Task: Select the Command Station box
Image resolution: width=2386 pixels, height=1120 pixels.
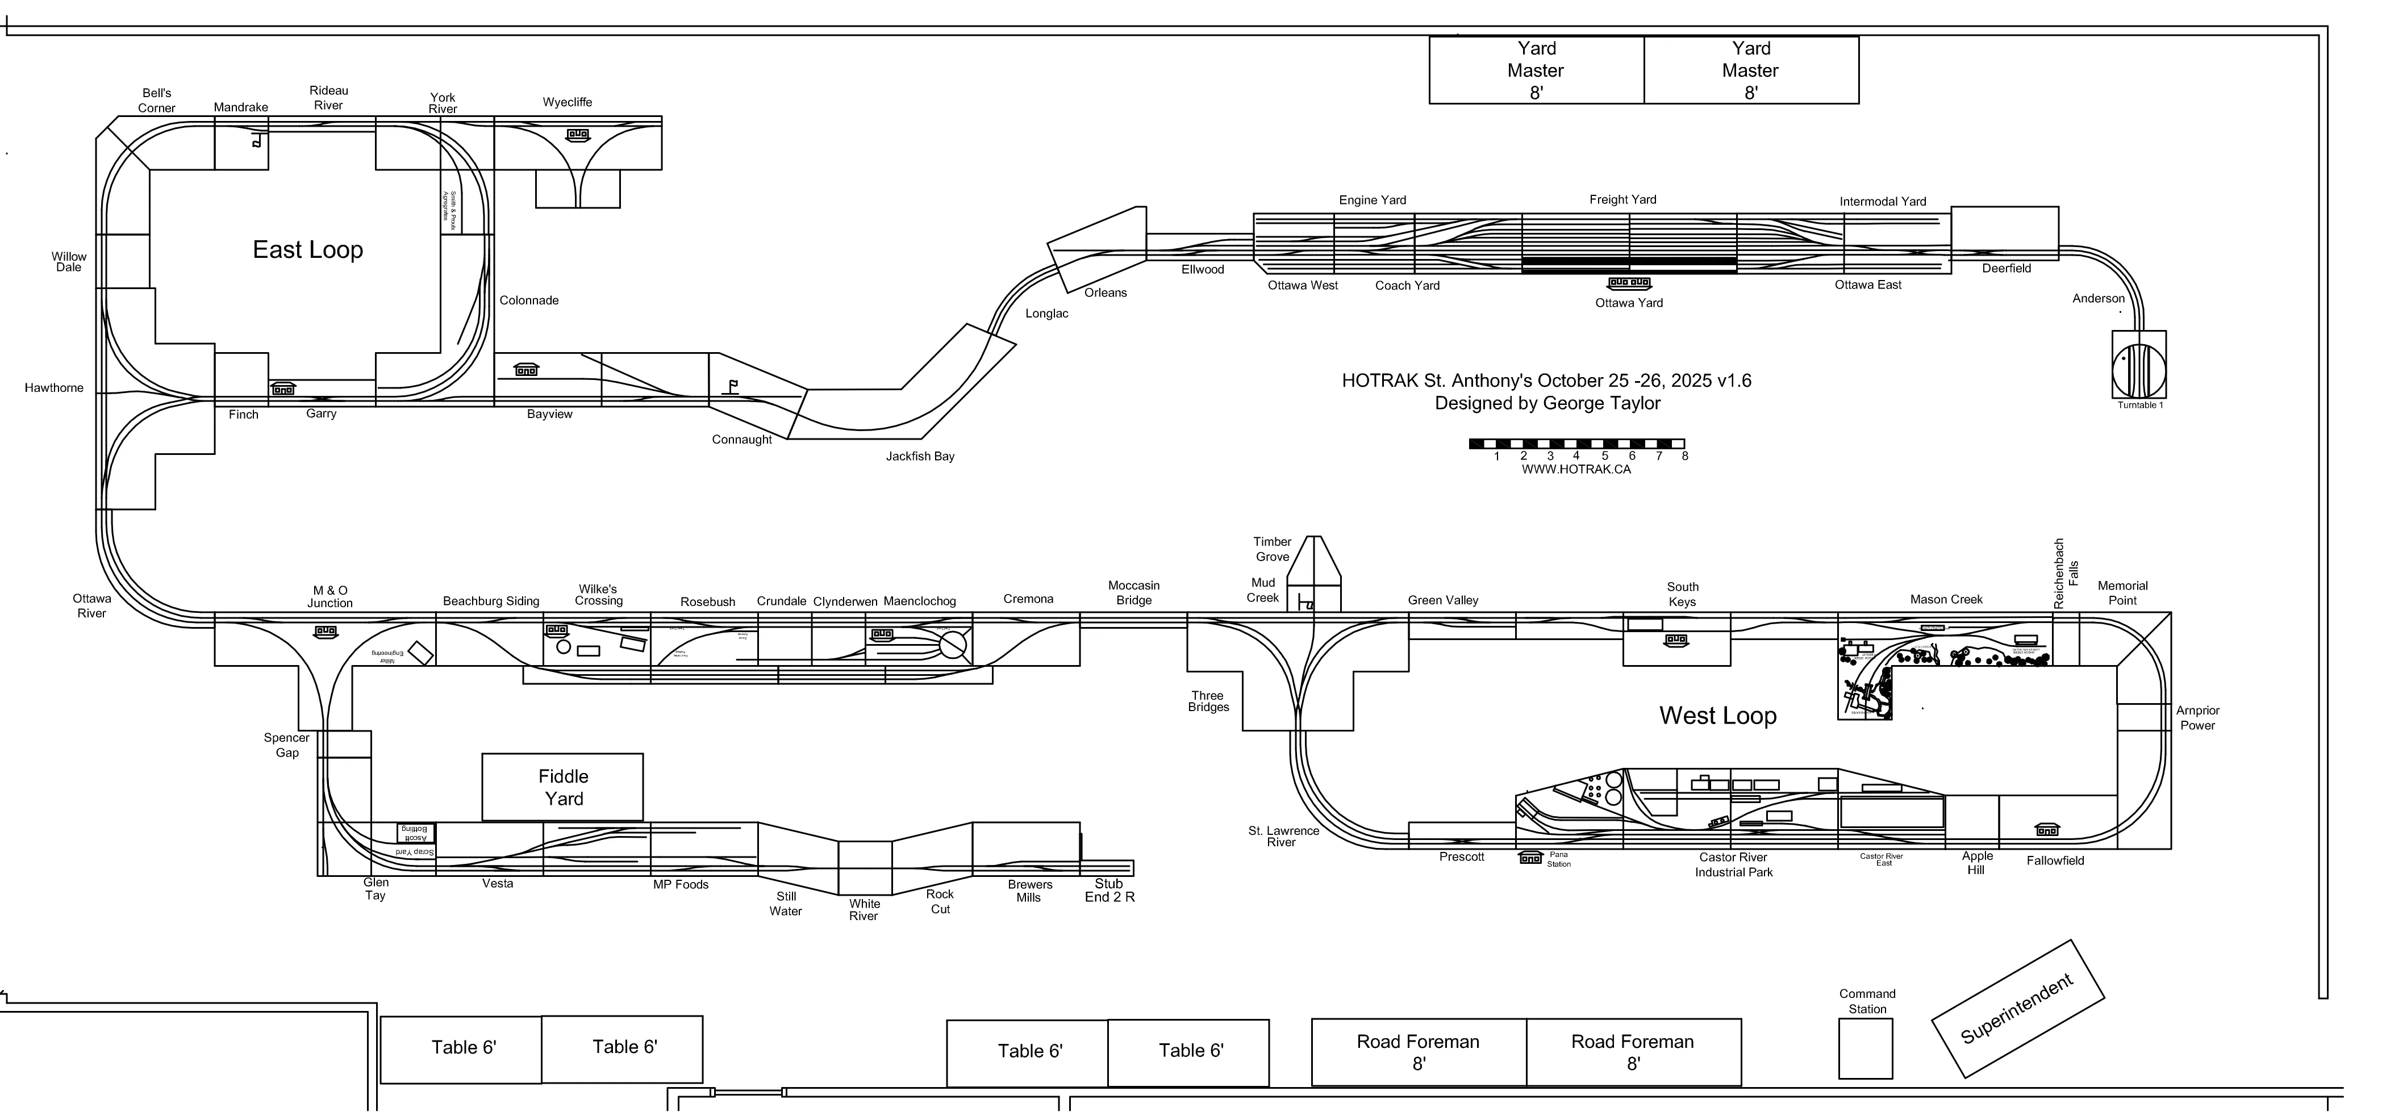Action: point(1866,1048)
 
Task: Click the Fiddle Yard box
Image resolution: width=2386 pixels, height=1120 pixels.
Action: point(563,787)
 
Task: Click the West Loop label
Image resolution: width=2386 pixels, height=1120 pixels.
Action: point(1717,715)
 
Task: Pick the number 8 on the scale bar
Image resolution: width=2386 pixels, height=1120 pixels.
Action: point(1685,456)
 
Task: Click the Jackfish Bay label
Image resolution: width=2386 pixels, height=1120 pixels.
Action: point(920,457)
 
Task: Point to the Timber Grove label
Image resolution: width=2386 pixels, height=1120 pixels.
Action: point(1272,549)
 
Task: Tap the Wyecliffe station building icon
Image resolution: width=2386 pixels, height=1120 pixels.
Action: point(577,135)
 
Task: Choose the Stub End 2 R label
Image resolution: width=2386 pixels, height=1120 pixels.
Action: point(1109,890)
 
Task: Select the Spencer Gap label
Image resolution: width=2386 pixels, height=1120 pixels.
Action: point(286,745)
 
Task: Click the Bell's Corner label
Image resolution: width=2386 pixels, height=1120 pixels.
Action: point(157,100)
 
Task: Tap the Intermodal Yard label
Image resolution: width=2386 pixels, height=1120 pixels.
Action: point(1882,201)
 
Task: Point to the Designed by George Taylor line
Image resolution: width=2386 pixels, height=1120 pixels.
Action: point(1547,403)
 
